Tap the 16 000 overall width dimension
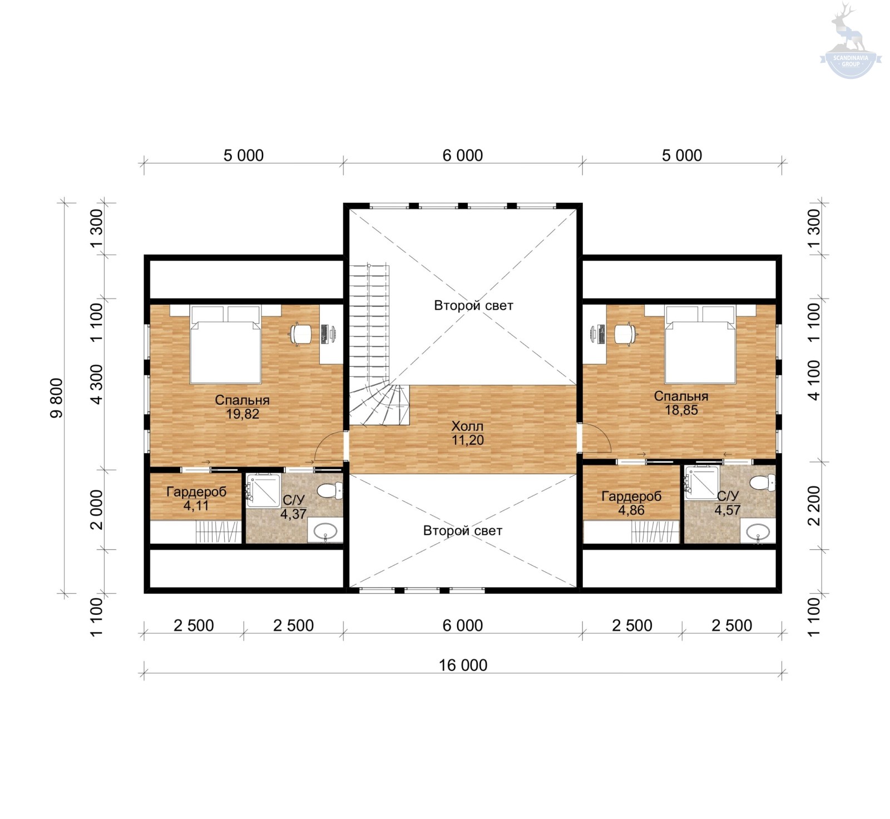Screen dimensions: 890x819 (x=463, y=665)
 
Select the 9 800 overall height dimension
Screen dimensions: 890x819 (x=57, y=398)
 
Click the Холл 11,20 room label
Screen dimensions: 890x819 (x=467, y=433)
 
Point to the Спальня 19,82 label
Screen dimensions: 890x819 (x=243, y=407)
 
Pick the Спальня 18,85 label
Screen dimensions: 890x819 (x=681, y=403)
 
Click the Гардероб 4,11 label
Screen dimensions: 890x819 (x=196, y=499)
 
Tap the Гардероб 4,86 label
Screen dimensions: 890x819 (x=631, y=503)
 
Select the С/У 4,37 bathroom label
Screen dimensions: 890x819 (x=293, y=507)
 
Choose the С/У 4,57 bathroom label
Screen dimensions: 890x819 (x=728, y=503)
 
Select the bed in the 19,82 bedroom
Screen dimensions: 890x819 (x=225, y=344)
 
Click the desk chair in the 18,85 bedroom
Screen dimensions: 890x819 (x=625, y=334)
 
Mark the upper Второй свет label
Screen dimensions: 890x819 (x=473, y=305)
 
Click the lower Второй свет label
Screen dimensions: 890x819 (x=462, y=530)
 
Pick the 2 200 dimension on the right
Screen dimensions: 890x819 (x=814, y=505)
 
